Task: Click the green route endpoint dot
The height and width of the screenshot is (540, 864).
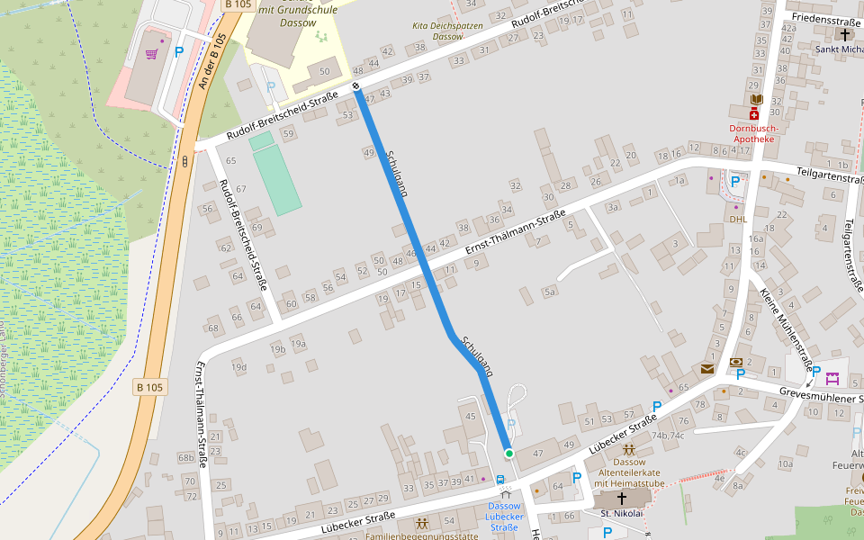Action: point(508,454)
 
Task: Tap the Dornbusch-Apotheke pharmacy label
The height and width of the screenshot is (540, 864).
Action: point(752,133)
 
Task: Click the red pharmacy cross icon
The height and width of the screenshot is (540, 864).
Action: point(754,114)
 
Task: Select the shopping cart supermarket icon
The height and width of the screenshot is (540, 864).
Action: point(151,54)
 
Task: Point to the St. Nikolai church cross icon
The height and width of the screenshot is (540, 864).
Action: point(621,497)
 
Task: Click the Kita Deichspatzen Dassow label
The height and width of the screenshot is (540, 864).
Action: point(447,31)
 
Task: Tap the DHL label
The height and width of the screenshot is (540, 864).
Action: point(738,219)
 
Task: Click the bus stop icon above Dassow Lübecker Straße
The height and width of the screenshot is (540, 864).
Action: point(500,481)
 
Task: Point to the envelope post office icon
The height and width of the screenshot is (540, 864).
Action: point(707,369)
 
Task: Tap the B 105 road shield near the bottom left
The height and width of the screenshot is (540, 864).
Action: point(150,387)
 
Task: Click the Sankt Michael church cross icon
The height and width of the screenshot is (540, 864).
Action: point(844,35)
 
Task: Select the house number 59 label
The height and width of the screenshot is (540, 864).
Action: point(288,133)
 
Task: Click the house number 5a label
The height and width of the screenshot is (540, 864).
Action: point(550,292)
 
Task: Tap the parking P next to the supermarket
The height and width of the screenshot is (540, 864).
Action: point(178,51)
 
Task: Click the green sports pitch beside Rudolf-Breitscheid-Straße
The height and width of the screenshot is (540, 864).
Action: point(275,175)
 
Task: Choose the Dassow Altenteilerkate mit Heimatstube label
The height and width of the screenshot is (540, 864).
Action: point(628,472)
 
